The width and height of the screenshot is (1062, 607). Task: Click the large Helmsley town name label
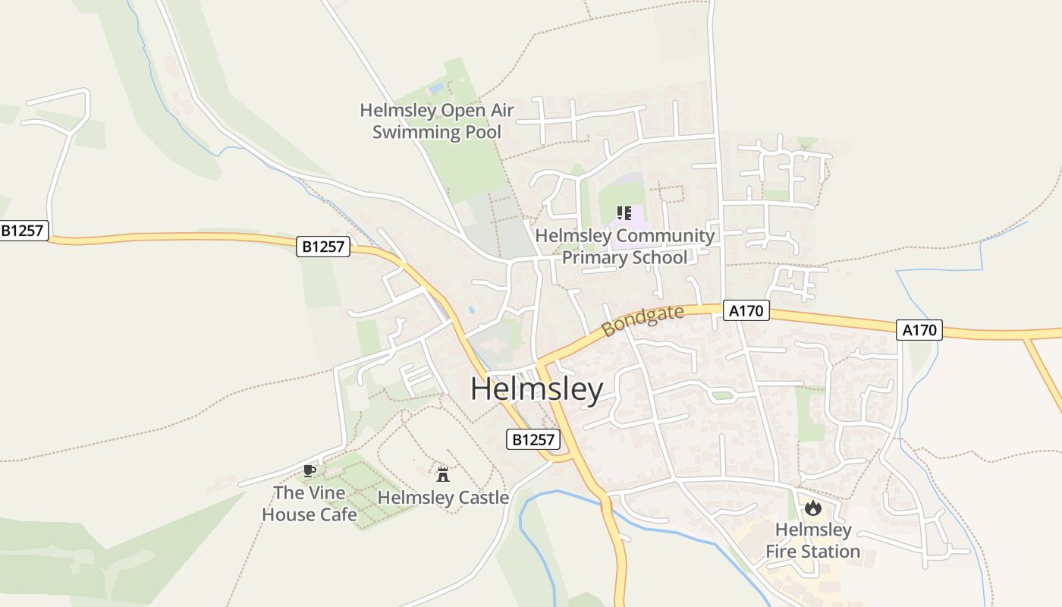pos(536,389)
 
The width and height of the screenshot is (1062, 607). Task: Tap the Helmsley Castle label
pos(443,498)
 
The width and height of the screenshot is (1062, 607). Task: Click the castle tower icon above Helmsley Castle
pos(443,475)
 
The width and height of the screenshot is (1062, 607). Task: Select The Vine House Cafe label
pos(309,503)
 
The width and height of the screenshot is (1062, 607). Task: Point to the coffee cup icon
pos(309,470)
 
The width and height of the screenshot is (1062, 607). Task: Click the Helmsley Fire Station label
pos(813,540)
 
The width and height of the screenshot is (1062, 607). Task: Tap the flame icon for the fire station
pos(813,508)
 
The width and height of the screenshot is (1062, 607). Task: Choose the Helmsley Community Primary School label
pos(624,247)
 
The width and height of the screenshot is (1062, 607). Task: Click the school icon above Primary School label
pos(624,213)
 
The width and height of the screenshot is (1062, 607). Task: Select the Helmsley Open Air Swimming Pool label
pos(437,121)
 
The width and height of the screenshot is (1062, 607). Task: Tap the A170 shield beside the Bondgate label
pos(746,310)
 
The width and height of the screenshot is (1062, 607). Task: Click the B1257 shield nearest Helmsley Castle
pos(533,439)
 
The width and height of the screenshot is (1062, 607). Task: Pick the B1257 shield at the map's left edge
pos(24,231)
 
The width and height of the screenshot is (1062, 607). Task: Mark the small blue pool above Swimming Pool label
pos(436,89)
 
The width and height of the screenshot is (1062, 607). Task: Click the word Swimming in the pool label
pos(410,132)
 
